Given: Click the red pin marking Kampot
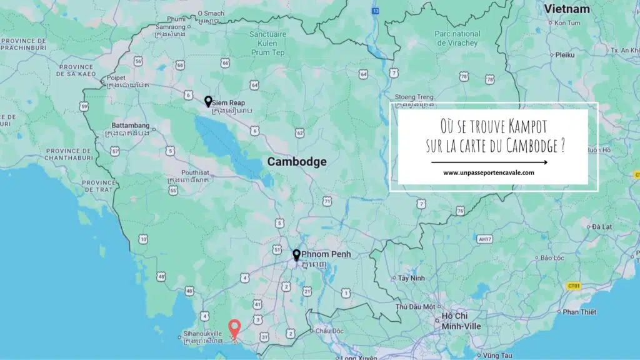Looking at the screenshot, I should (x=234, y=328).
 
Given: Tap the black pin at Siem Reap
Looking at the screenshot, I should (x=208, y=101).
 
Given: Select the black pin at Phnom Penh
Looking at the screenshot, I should (x=297, y=255).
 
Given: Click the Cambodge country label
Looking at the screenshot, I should (x=297, y=161).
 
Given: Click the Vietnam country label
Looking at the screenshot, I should (x=567, y=9).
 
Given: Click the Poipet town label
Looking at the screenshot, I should (x=119, y=77).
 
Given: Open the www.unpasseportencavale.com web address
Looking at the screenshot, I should (x=489, y=173).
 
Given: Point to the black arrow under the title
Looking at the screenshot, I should (x=489, y=162).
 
